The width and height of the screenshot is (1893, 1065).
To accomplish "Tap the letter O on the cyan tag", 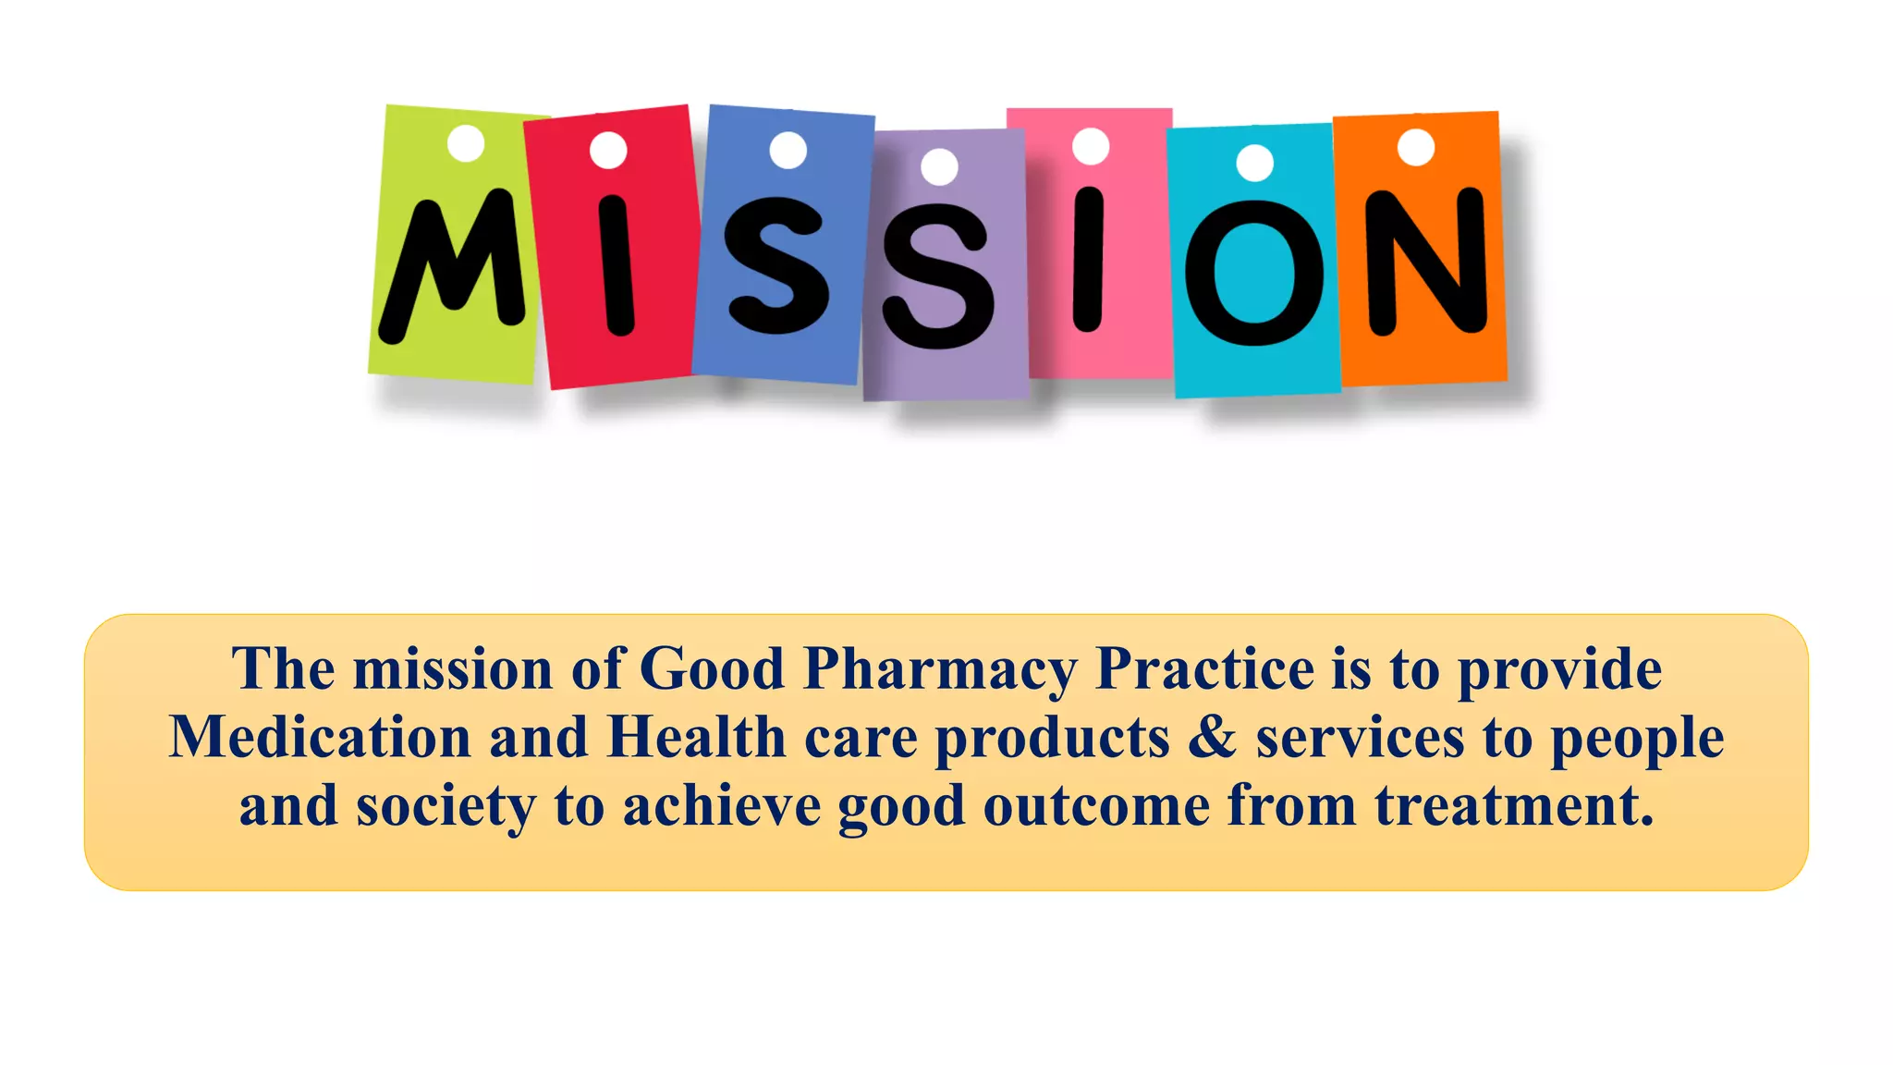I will tap(1253, 274).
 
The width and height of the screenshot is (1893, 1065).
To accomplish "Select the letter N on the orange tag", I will tap(1425, 261).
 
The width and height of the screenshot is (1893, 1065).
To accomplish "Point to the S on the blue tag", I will tap(776, 264).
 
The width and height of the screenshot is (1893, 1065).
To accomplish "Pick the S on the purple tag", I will tap(937, 277).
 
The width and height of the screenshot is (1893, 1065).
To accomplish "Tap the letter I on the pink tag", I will tap(1089, 260).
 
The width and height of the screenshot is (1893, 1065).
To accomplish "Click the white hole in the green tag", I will tap(466, 143).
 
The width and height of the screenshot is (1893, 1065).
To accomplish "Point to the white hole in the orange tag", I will tap(1415, 147).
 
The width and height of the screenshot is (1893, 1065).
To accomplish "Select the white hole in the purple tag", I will tap(940, 166).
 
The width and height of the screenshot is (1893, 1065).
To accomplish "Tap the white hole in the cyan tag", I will tap(1254, 164).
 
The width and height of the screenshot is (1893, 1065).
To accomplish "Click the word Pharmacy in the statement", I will tap(940, 669).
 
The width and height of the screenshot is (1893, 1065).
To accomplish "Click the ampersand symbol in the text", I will tap(1212, 737).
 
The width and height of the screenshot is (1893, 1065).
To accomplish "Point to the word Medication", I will tap(320, 737).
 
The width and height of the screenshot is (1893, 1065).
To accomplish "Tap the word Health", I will tap(696, 737).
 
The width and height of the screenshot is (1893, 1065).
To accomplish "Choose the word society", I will tap(446, 806).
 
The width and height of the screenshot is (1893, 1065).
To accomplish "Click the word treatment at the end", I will tap(1513, 805).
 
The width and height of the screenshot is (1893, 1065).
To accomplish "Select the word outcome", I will tap(1096, 805).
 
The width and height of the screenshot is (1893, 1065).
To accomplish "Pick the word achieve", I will tap(721, 805).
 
